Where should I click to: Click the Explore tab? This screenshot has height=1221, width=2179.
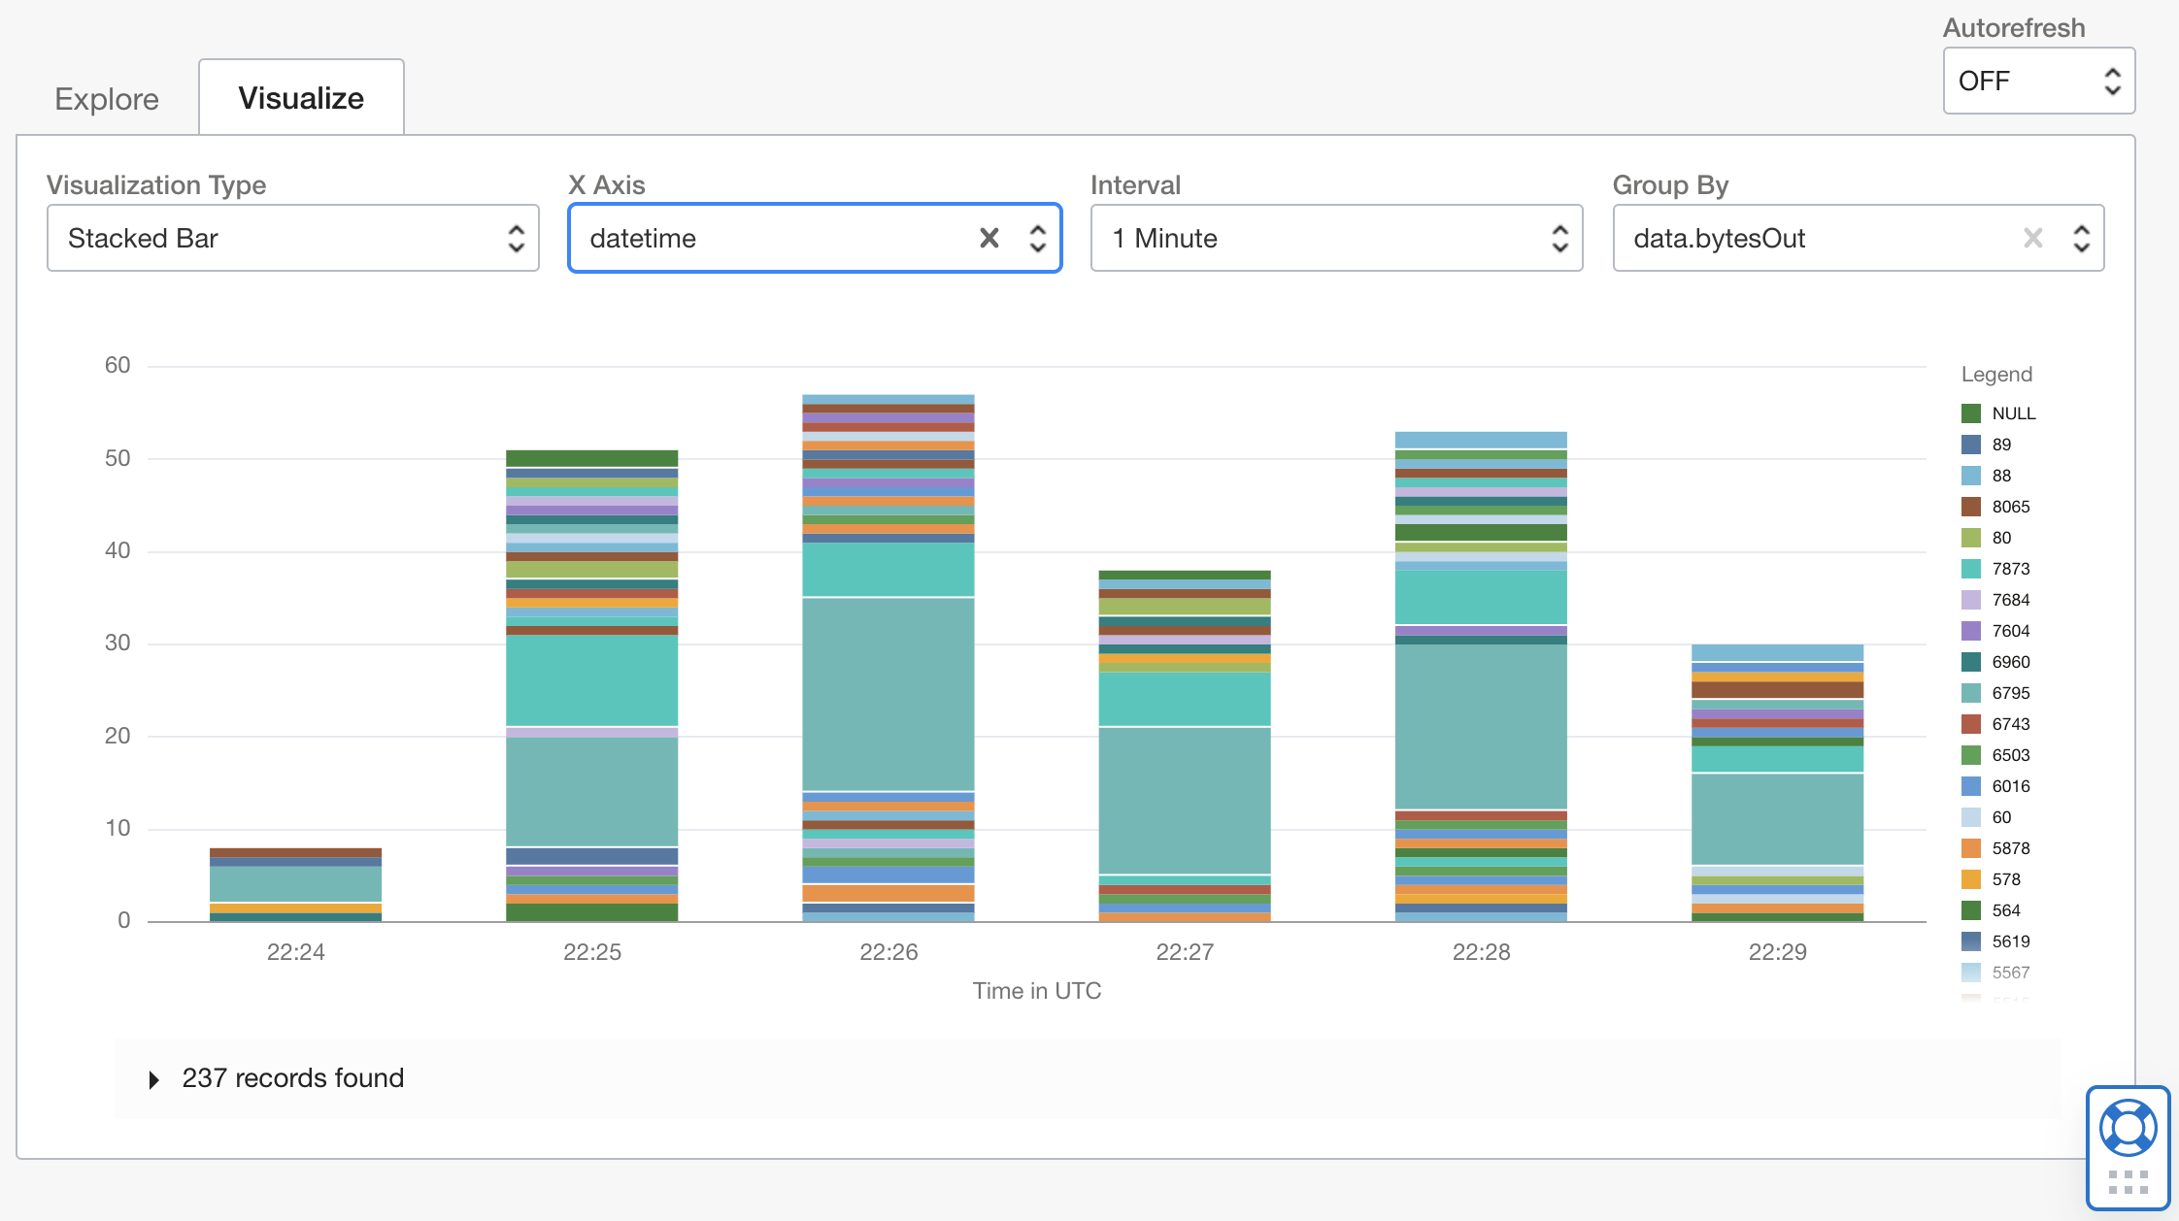coord(107,99)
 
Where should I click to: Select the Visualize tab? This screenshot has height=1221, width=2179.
coord(301,98)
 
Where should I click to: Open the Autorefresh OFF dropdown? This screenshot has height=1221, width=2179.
coord(2038,81)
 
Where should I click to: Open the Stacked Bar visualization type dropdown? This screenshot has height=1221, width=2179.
coord(292,238)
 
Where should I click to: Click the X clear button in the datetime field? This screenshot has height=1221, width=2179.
coord(989,238)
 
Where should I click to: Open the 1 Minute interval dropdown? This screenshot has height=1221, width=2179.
coord(1336,238)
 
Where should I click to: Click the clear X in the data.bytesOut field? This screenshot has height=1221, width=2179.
coord(2032,238)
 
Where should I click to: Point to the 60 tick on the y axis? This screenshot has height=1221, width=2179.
coord(117,365)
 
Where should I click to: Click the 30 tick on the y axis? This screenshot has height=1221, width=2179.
coord(117,643)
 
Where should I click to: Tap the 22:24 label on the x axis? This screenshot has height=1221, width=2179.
coord(296,952)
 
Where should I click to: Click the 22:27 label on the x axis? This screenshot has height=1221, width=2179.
coord(1185,952)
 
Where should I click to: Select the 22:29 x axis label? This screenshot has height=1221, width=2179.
coord(1777,952)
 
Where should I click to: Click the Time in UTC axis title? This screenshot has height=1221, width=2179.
coord(1037,991)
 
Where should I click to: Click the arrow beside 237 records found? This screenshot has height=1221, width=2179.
coord(153,1079)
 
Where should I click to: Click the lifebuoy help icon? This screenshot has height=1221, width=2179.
coord(2128,1128)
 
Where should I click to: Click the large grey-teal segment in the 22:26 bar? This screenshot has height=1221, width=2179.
coord(888,694)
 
